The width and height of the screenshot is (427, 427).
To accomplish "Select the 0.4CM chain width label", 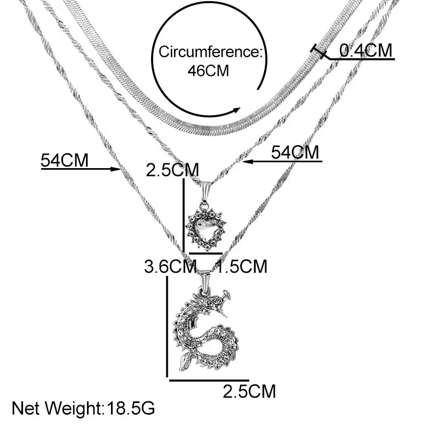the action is tap(366, 50).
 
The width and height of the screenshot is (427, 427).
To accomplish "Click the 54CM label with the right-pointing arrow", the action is tap(65, 160).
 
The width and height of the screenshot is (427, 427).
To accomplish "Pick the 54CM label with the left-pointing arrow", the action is tap(295, 152).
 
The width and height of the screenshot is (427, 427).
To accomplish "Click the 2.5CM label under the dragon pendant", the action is tap(249, 392).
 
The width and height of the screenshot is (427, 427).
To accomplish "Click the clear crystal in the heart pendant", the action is tap(205, 230).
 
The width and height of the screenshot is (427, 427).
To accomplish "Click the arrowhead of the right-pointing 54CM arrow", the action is tap(118, 170).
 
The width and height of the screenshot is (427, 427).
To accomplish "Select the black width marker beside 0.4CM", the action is tap(319, 52).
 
